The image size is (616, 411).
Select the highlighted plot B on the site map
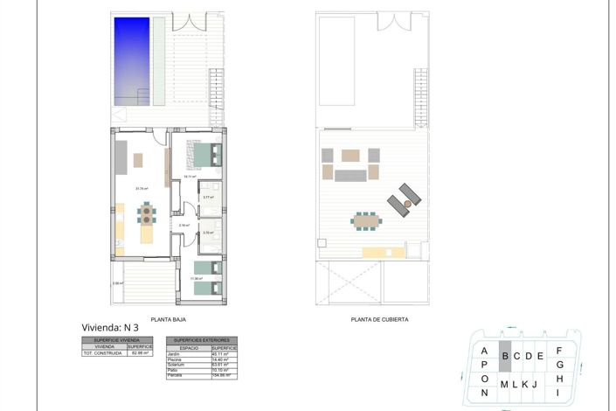(x=504, y=356)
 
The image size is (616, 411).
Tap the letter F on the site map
(x=559, y=351)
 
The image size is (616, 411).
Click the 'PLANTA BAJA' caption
(x=167, y=319)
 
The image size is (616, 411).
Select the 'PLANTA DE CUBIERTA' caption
(x=379, y=319)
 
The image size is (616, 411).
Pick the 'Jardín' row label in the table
(x=171, y=354)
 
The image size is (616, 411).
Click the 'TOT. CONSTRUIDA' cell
(x=102, y=354)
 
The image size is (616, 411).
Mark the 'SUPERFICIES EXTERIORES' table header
(x=202, y=340)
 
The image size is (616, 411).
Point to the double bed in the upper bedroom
(x=206, y=154)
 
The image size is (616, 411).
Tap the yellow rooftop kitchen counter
(x=382, y=253)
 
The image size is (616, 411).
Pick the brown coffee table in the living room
(x=139, y=159)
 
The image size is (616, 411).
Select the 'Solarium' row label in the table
(x=174, y=365)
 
